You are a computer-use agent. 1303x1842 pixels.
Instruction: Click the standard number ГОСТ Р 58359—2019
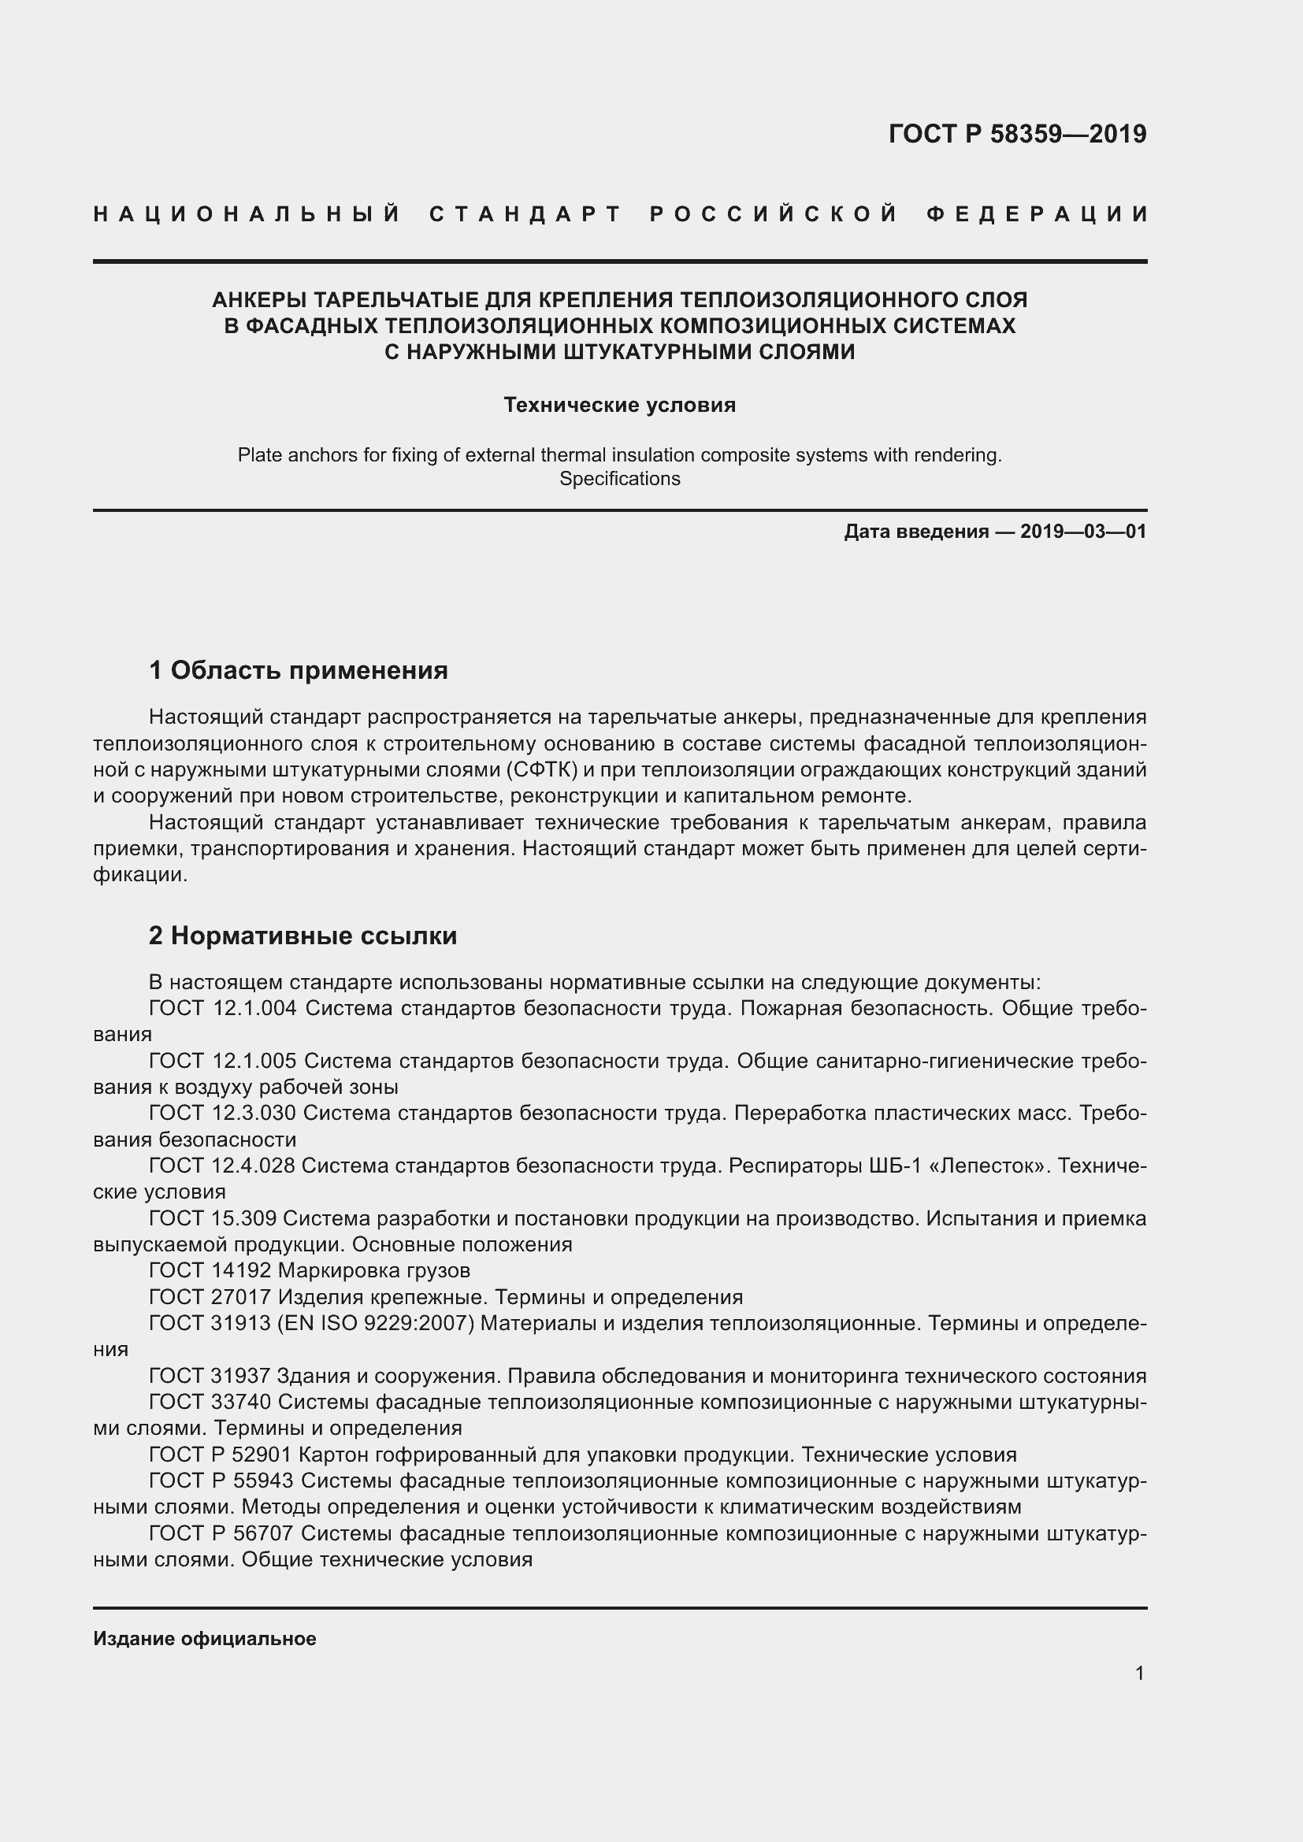click(x=1017, y=134)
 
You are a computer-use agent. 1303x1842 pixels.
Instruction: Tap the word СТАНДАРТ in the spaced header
click(x=525, y=214)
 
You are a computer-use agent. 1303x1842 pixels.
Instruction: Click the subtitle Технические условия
click(x=619, y=405)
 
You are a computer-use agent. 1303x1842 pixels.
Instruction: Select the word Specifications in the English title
click(x=619, y=479)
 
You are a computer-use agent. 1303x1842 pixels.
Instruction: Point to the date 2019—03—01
click(x=1083, y=531)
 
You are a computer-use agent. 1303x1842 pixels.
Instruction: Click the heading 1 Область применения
click(x=299, y=670)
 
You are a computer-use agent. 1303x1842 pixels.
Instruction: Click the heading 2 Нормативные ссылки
click(x=303, y=936)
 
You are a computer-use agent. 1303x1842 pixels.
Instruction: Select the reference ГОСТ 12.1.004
click(x=223, y=1009)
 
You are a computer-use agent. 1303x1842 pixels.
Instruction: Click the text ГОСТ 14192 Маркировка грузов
click(x=310, y=1270)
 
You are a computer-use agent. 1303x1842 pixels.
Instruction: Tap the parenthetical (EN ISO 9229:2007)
click(x=376, y=1322)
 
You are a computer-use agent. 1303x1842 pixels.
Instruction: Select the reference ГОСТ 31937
click(x=210, y=1376)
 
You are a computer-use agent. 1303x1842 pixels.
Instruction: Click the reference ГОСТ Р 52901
click(x=221, y=1455)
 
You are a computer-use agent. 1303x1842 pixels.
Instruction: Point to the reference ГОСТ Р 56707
click(x=221, y=1533)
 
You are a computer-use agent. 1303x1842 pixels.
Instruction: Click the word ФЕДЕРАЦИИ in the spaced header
click(x=1038, y=214)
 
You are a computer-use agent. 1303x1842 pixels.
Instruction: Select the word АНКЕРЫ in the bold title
click(x=257, y=300)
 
